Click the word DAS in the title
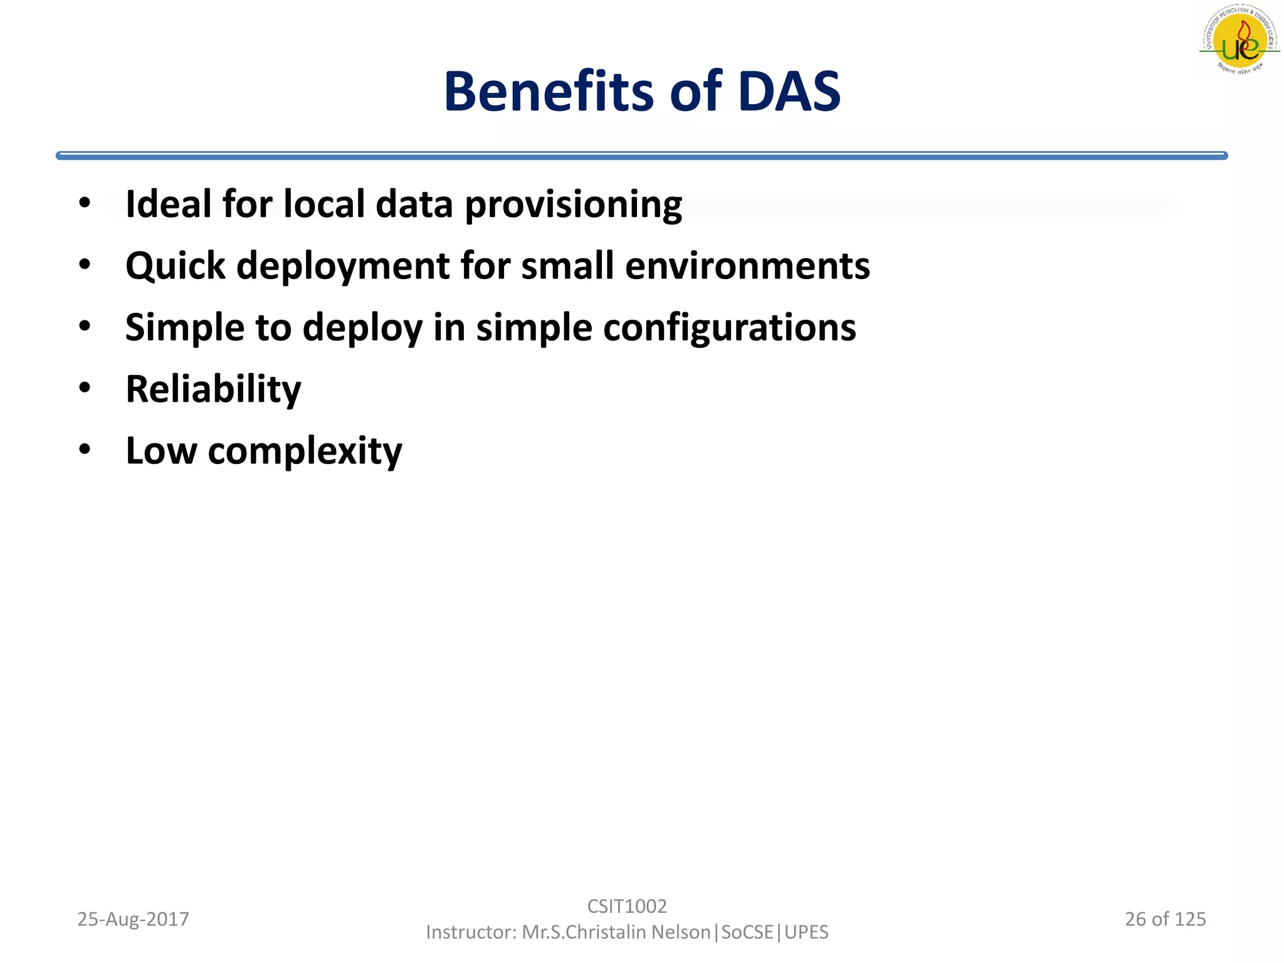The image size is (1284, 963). (789, 92)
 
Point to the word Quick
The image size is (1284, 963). (175, 266)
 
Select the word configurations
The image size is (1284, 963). (729, 328)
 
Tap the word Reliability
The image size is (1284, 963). (213, 389)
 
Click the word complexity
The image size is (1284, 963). (305, 451)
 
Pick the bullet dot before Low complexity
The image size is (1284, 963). (85, 449)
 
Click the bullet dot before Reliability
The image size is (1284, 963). (85, 387)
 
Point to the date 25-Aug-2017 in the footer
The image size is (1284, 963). (133, 919)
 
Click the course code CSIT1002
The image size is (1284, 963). (627, 906)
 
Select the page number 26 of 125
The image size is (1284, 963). (1165, 919)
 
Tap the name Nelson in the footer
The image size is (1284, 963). (680, 932)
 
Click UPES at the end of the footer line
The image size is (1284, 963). (806, 932)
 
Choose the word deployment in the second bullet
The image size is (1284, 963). (343, 266)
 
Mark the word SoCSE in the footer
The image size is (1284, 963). (747, 932)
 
